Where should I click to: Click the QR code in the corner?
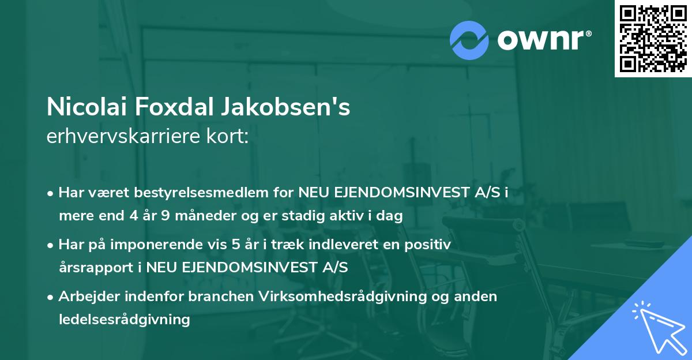652,38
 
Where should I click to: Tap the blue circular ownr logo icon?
469,40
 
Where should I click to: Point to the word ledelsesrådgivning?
124,319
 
